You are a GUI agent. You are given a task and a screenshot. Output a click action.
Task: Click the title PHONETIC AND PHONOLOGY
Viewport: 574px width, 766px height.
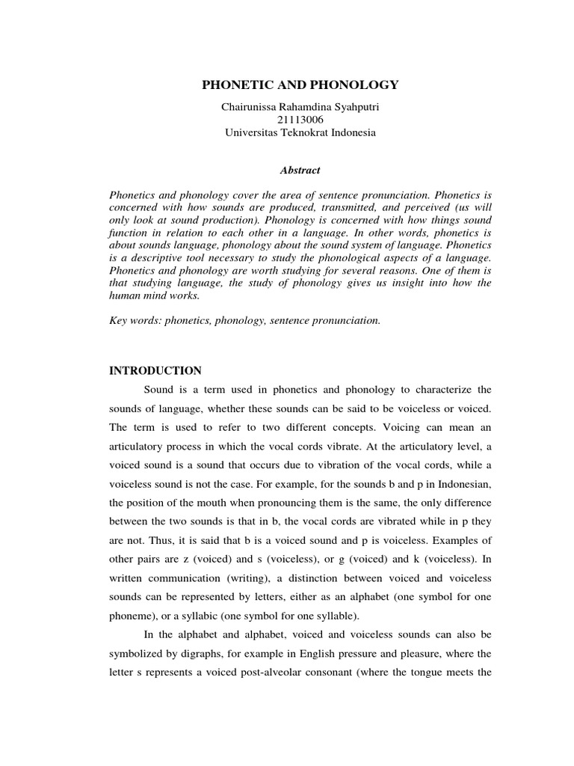[x=300, y=85]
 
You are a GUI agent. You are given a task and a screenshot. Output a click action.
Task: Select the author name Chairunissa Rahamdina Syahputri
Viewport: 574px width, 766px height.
[x=300, y=107]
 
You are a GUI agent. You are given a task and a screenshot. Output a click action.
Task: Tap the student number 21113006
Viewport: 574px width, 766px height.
[x=300, y=120]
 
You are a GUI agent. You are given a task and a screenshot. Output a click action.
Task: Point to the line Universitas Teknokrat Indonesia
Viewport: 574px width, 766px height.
[x=300, y=132]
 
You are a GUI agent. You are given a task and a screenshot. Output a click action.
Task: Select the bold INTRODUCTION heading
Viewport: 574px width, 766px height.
[x=155, y=370]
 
